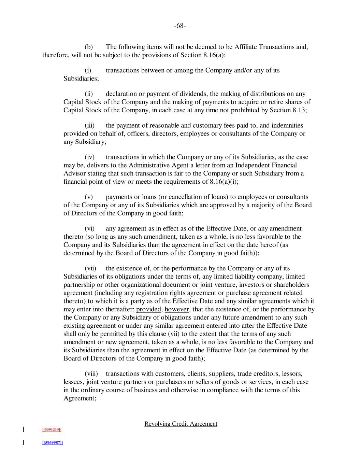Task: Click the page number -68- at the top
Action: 180,26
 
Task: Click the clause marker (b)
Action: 89,47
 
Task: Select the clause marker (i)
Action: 88,70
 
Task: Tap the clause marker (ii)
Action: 89,94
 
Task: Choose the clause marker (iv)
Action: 89,157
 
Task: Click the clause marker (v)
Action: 89,197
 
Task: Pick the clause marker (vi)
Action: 89,228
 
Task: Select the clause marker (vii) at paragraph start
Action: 90,268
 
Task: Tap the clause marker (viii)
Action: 91,373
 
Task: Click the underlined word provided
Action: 148,309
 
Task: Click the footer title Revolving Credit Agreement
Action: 181,424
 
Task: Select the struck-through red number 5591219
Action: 52,429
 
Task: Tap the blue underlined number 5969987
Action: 52,442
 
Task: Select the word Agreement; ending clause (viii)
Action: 80,398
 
